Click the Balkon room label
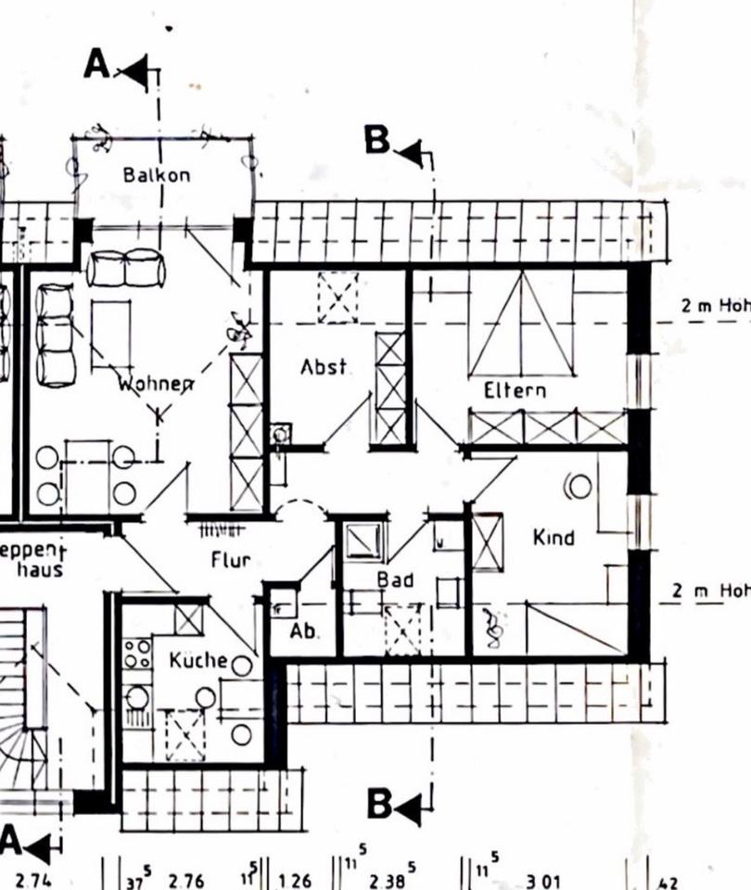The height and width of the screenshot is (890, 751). click(x=157, y=174)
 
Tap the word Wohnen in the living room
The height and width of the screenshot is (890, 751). click(x=155, y=382)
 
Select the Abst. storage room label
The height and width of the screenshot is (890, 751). click(x=325, y=367)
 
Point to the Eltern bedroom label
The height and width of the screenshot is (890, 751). click(x=515, y=390)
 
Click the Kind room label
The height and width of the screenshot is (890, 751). click(x=554, y=537)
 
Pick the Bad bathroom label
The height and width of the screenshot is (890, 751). click(x=394, y=579)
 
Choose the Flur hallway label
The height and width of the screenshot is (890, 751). click(x=232, y=560)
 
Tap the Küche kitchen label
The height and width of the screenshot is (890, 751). click(x=197, y=660)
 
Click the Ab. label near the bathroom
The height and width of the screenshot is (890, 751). click(x=304, y=631)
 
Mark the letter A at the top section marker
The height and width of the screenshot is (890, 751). click(x=97, y=64)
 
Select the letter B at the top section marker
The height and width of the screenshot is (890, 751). click(x=377, y=140)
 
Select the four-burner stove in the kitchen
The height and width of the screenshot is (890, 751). click(x=138, y=653)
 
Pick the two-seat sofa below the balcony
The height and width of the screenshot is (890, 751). click(x=126, y=269)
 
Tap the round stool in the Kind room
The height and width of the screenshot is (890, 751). click(x=580, y=486)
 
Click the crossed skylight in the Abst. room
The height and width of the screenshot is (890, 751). click(x=337, y=298)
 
